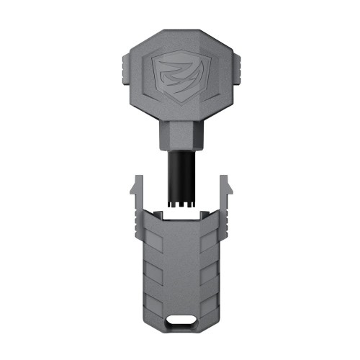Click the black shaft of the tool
pyautogui.click(x=180, y=173)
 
